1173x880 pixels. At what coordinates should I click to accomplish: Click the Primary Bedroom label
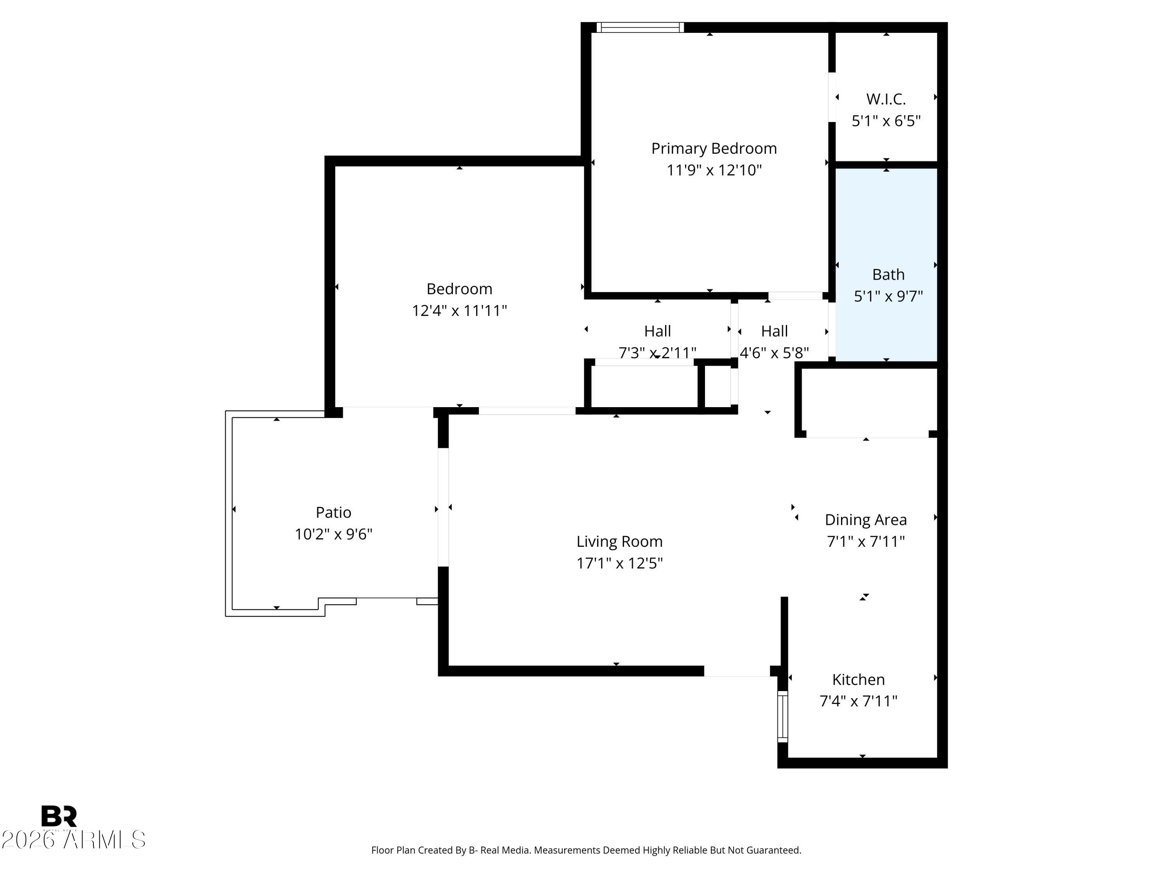[x=714, y=149]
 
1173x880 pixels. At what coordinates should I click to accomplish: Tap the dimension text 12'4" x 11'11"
[x=459, y=311]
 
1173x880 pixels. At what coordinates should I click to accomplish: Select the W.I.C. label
[x=886, y=99]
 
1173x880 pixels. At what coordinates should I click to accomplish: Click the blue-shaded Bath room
[x=887, y=233]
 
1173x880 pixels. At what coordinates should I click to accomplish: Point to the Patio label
[x=333, y=512]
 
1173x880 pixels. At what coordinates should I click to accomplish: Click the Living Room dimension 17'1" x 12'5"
[x=619, y=563]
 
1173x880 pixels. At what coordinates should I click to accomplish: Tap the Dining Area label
[x=865, y=520]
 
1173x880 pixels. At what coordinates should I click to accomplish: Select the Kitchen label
[x=858, y=679]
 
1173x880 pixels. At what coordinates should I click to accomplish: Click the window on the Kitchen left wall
[x=783, y=716]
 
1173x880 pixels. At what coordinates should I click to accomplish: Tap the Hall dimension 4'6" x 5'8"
[x=774, y=353]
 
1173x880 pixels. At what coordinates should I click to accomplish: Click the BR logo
[x=59, y=817]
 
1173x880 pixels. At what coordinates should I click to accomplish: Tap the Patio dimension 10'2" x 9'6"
[x=333, y=534]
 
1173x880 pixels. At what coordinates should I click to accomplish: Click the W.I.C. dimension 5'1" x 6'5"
[x=886, y=121]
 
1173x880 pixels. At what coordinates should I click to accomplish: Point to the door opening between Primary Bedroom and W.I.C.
[x=832, y=97]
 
